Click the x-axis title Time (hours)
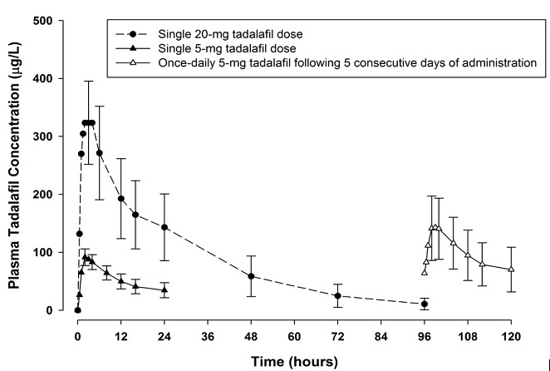point(295,362)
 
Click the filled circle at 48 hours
point(251,276)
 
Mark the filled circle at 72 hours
point(337,295)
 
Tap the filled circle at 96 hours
point(425,304)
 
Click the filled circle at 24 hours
point(165,227)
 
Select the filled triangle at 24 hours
point(165,289)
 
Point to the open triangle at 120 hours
point(511,269)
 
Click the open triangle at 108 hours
point(468,255)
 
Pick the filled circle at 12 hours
point(121,199)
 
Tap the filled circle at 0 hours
point(77,310)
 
